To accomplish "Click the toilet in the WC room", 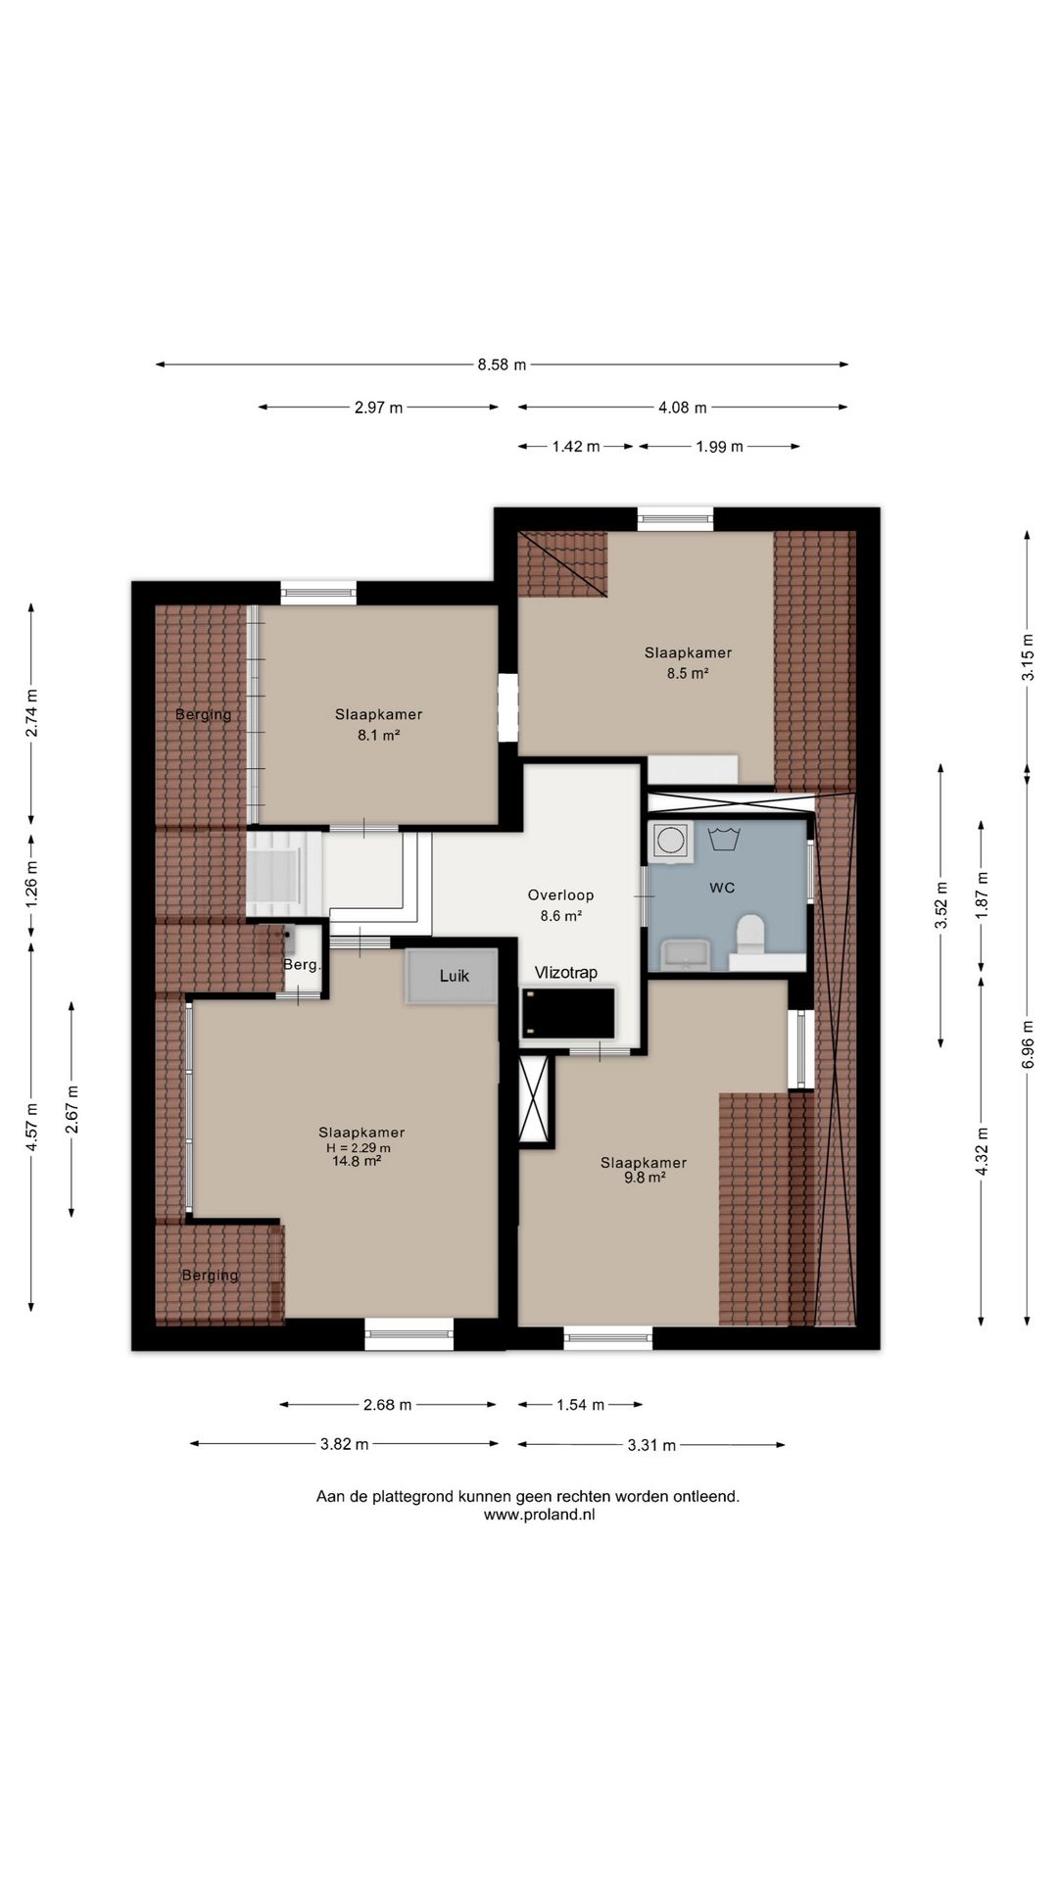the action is tap(751, 934).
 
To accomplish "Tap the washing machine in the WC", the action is tap(671, 841).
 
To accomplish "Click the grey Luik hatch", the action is tap(453, 976).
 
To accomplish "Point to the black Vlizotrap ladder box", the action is tap(567, 1013).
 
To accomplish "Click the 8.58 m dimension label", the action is tap(502, 365).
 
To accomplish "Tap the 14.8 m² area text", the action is tap(357, 1161).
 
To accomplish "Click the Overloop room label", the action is tap(560, 894).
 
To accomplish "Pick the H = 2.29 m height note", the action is tap(359, 1148).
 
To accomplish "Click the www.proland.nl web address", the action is tap(540, 1514).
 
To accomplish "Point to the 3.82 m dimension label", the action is tap(345, 1444).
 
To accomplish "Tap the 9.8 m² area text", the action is tap(645, 1179).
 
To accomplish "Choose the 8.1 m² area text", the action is tap(378, 735).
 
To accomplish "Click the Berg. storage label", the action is tap(302, 965).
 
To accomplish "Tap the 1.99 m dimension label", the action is tap(720, 447).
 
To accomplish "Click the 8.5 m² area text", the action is tap(688, 673).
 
